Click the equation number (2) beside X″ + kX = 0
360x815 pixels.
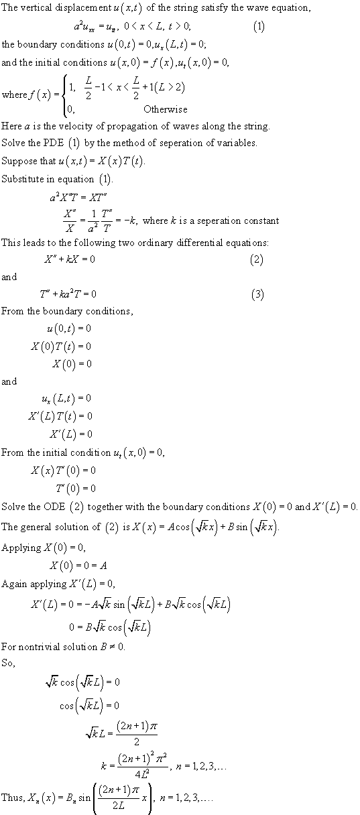pos(257,259)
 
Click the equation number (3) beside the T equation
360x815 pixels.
pos(257,294)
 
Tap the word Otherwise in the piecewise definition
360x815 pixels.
pos(165,109)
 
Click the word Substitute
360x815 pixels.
pos(21,179)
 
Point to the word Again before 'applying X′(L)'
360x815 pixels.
pos(14,582)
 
